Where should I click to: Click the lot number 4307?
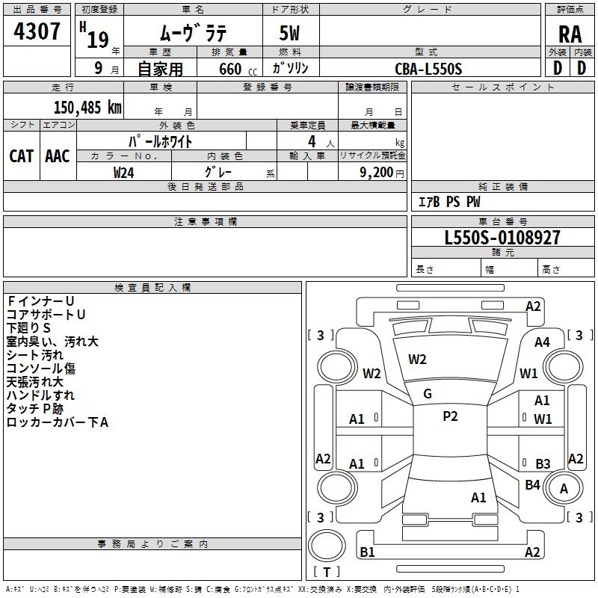pyautogui.click(x=37, y=31)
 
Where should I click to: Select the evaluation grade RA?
pyautogui.click(x=570, y=34)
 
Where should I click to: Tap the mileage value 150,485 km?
pyautogui.click(x=87, y=108)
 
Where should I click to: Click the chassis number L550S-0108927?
pyautogui.click(x=502, y=238)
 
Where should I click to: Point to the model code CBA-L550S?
pyautogui.click(x=428, y=69)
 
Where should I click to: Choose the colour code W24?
pyautogui.click(x=123, y=173)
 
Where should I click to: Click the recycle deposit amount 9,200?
pyautogui.click(x=376, y=173)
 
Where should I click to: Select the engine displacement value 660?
pyautogui.click(x=230, y=70)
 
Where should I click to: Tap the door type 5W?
pyautogui.click(x=289, y=33)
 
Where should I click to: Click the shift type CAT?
pyautogui.click(x=22, y=156)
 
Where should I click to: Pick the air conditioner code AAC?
pyautogui.click(x=58, y=156)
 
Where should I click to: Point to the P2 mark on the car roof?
pyautogui.click(x=450, y=416)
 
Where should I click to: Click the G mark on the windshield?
pyautogui.click(x=428, y=394)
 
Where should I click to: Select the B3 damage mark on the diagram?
pyautogui.click(x=543, y=463)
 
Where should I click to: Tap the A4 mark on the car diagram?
pyautogui.click(x=542, y=342)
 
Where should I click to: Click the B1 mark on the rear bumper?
pyautogui.click(x=367, y=552)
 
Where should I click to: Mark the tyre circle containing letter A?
pyautogui.click(x=564, y=488)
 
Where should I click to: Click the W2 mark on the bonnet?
pyautogui.click(x=417, y=360)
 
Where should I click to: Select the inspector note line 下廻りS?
pyautogui.click(x=28, y=328)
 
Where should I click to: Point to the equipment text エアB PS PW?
pyautogui.click(x=449, y=202)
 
